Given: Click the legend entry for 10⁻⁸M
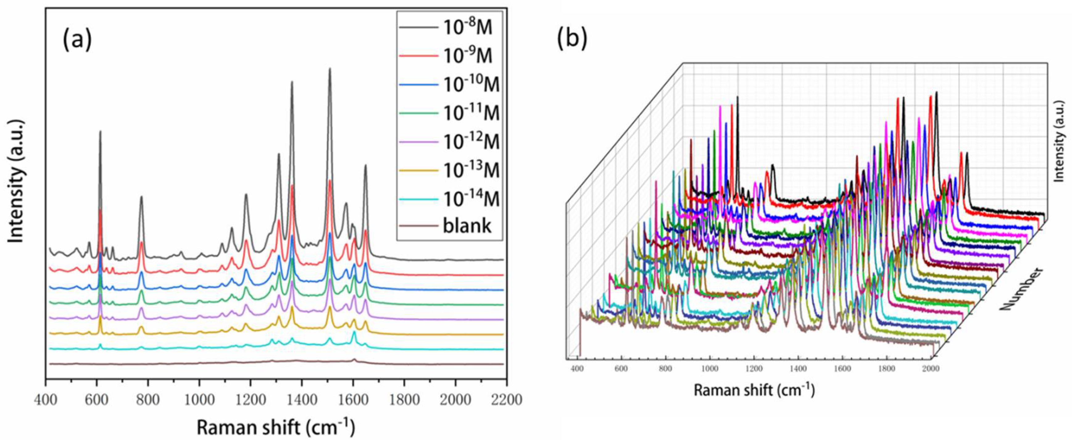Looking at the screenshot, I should pos(466,28).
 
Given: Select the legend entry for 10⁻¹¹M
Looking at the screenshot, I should pos(470,113).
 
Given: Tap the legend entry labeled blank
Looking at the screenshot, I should pos(467,226).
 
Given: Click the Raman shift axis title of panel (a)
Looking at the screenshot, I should pos(276,428).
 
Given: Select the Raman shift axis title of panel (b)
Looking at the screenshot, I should pos(754,390).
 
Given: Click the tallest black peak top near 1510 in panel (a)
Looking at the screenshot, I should pos(330,69).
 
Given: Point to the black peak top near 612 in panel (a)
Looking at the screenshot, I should pos(100,131).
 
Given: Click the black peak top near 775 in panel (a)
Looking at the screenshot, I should pos(142,197).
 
